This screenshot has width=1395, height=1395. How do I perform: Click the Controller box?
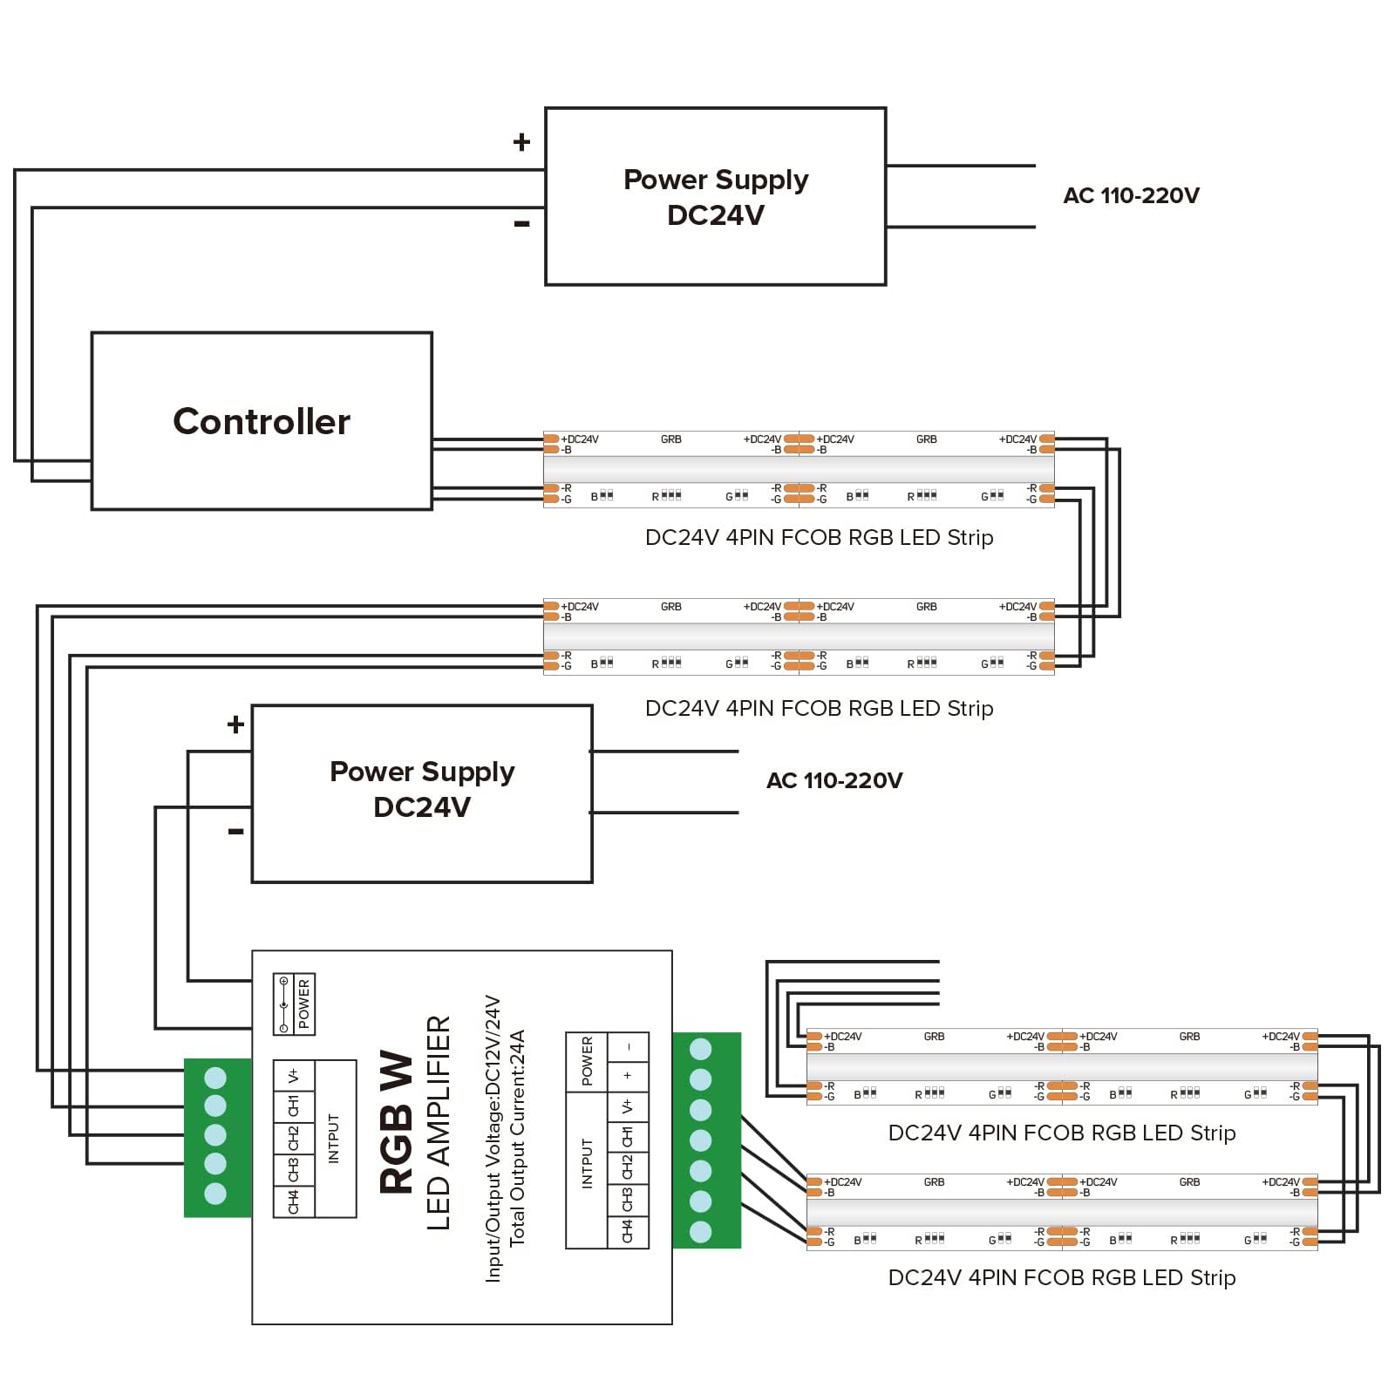262,421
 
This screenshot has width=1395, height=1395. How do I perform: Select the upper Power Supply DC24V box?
715,196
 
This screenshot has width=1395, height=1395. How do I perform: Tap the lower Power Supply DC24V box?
422,793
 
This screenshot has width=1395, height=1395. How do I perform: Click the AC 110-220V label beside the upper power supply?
1131,195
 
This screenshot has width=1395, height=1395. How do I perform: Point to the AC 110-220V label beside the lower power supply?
834,780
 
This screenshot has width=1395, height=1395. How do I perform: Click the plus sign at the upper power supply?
521,141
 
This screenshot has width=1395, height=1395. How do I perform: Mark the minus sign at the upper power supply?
521,224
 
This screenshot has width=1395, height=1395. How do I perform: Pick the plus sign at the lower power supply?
235,724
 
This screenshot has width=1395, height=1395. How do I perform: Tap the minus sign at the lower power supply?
235,832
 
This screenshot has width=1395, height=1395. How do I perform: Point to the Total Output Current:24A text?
518,1138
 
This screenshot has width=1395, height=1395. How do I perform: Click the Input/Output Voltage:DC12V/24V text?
493,1138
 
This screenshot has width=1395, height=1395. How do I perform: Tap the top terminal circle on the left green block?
215,1078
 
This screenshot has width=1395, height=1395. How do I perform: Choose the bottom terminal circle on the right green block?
700,1232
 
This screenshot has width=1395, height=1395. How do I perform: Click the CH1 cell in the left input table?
293,1106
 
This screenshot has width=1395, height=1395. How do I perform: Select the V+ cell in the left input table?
293,1076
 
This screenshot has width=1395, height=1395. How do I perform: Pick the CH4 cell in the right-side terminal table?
627,1232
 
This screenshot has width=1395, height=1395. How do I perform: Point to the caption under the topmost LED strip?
819,538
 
